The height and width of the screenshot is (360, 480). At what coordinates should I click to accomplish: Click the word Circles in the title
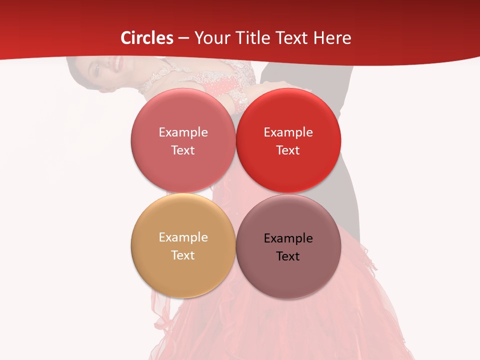coord(147,38)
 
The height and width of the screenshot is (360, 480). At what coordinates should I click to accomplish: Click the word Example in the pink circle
coord(183,132)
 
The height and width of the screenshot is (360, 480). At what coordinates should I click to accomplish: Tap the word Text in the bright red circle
coord(288,150)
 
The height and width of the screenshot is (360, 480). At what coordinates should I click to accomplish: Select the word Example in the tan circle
coord(183,237)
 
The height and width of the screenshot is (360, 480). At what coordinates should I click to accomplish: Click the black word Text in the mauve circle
coord(288,256)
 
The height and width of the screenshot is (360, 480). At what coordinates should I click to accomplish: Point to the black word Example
coord(288,238)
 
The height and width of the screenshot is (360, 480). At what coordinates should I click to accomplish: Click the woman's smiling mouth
coord(117,63)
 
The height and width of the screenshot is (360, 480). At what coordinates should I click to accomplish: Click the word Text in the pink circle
coord(183,150)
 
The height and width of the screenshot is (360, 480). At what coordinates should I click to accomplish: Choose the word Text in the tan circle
coord(183,255)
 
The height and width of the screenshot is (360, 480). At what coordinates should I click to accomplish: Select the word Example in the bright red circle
coord(288,132)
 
